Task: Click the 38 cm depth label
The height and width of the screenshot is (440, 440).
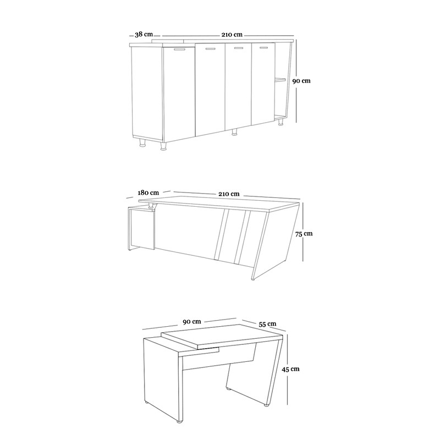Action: (x=144, y=35)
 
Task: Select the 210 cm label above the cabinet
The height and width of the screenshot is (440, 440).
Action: (x=232, y=35)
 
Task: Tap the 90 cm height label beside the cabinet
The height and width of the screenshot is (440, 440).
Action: (x=301, y=81)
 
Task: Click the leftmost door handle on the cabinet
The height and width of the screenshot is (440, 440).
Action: (x=180, y=50)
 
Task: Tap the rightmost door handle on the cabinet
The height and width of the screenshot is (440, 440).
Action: (x=263, y=48)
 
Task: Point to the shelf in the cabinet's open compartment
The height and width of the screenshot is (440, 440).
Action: (x=280, y=80)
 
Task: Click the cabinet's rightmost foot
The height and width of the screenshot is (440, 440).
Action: (x=280, y=122)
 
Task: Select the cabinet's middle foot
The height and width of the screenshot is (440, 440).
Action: (x=234, y=132)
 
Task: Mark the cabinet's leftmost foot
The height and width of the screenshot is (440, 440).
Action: (x=143, y=142)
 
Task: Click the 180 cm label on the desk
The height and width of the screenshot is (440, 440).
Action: (x=148, y=193)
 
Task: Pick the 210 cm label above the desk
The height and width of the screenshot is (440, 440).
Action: (x=229, y=194)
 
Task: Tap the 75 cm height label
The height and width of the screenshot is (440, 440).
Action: (x=304, y=234)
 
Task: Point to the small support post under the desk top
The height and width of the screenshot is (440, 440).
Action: (x=152, y=206)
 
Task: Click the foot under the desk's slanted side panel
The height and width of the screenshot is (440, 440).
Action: (x=253, y=279)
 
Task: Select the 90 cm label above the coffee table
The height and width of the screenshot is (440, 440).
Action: (x=192, y=322)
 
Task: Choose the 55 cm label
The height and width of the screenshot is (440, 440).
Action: (x=267, y=324)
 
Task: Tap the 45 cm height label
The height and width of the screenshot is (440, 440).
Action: (x=290, y=369)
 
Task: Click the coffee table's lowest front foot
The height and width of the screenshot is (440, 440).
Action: (x=178, y=421)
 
